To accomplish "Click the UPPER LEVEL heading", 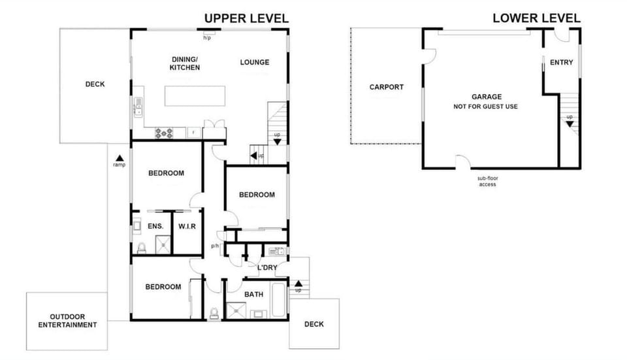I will pyautogui.click(x=246, y=18).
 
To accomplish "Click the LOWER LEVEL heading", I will pyautogui.click(x=536, y=18).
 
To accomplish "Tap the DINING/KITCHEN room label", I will pyautogui.click(x=185, y=63).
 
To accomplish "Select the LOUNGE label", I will pyautogui.click(x=254, y=63).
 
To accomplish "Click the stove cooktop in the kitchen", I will pyautogui.click(x=163, y=133).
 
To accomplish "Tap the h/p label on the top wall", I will pyautogui.click(x=207, y=38).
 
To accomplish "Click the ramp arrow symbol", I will pyautogui.click(x=120, y=157).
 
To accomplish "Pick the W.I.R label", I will pyautogui.click(x=187, y=226).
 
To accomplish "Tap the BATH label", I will pyautogui.click(x=253, y=294).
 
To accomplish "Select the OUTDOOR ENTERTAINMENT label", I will pyautogui.click(x=67, y=320).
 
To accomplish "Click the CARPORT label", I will pyautogui.click(x=386, y=87).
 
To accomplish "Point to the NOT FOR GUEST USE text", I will pyautogui.click(x=487, y=106).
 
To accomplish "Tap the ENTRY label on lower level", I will pyautogui.click(x=561, y=63).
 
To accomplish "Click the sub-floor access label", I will pyautogui.click(x=487, y=181).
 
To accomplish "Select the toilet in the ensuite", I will pyautogui.click(x=140, y=247).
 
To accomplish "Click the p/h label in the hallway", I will pyautogui.click(x=215, y=246).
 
